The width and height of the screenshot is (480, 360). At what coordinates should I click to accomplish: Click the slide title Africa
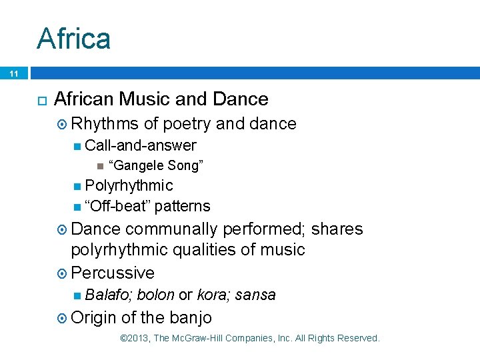(x=73, y=38)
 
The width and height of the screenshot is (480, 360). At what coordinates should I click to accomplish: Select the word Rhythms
(x=105, y=123)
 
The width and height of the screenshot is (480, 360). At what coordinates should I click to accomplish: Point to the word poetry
(x=188, y=123)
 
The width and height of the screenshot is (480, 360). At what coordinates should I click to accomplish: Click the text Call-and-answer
(x=141, y=145)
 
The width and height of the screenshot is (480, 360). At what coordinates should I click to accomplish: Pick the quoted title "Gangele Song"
(x=155, y=165)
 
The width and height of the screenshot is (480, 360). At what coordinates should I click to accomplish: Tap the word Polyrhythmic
(x=129, y=185)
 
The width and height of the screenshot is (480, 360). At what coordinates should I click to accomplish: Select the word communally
(x=172, y=229)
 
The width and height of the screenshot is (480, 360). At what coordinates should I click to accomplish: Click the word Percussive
(x=113, y=273)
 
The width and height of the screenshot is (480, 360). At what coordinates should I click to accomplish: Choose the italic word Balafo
(x=108, y=295)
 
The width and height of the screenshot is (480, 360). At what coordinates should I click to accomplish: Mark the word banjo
(x=191, y=317)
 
